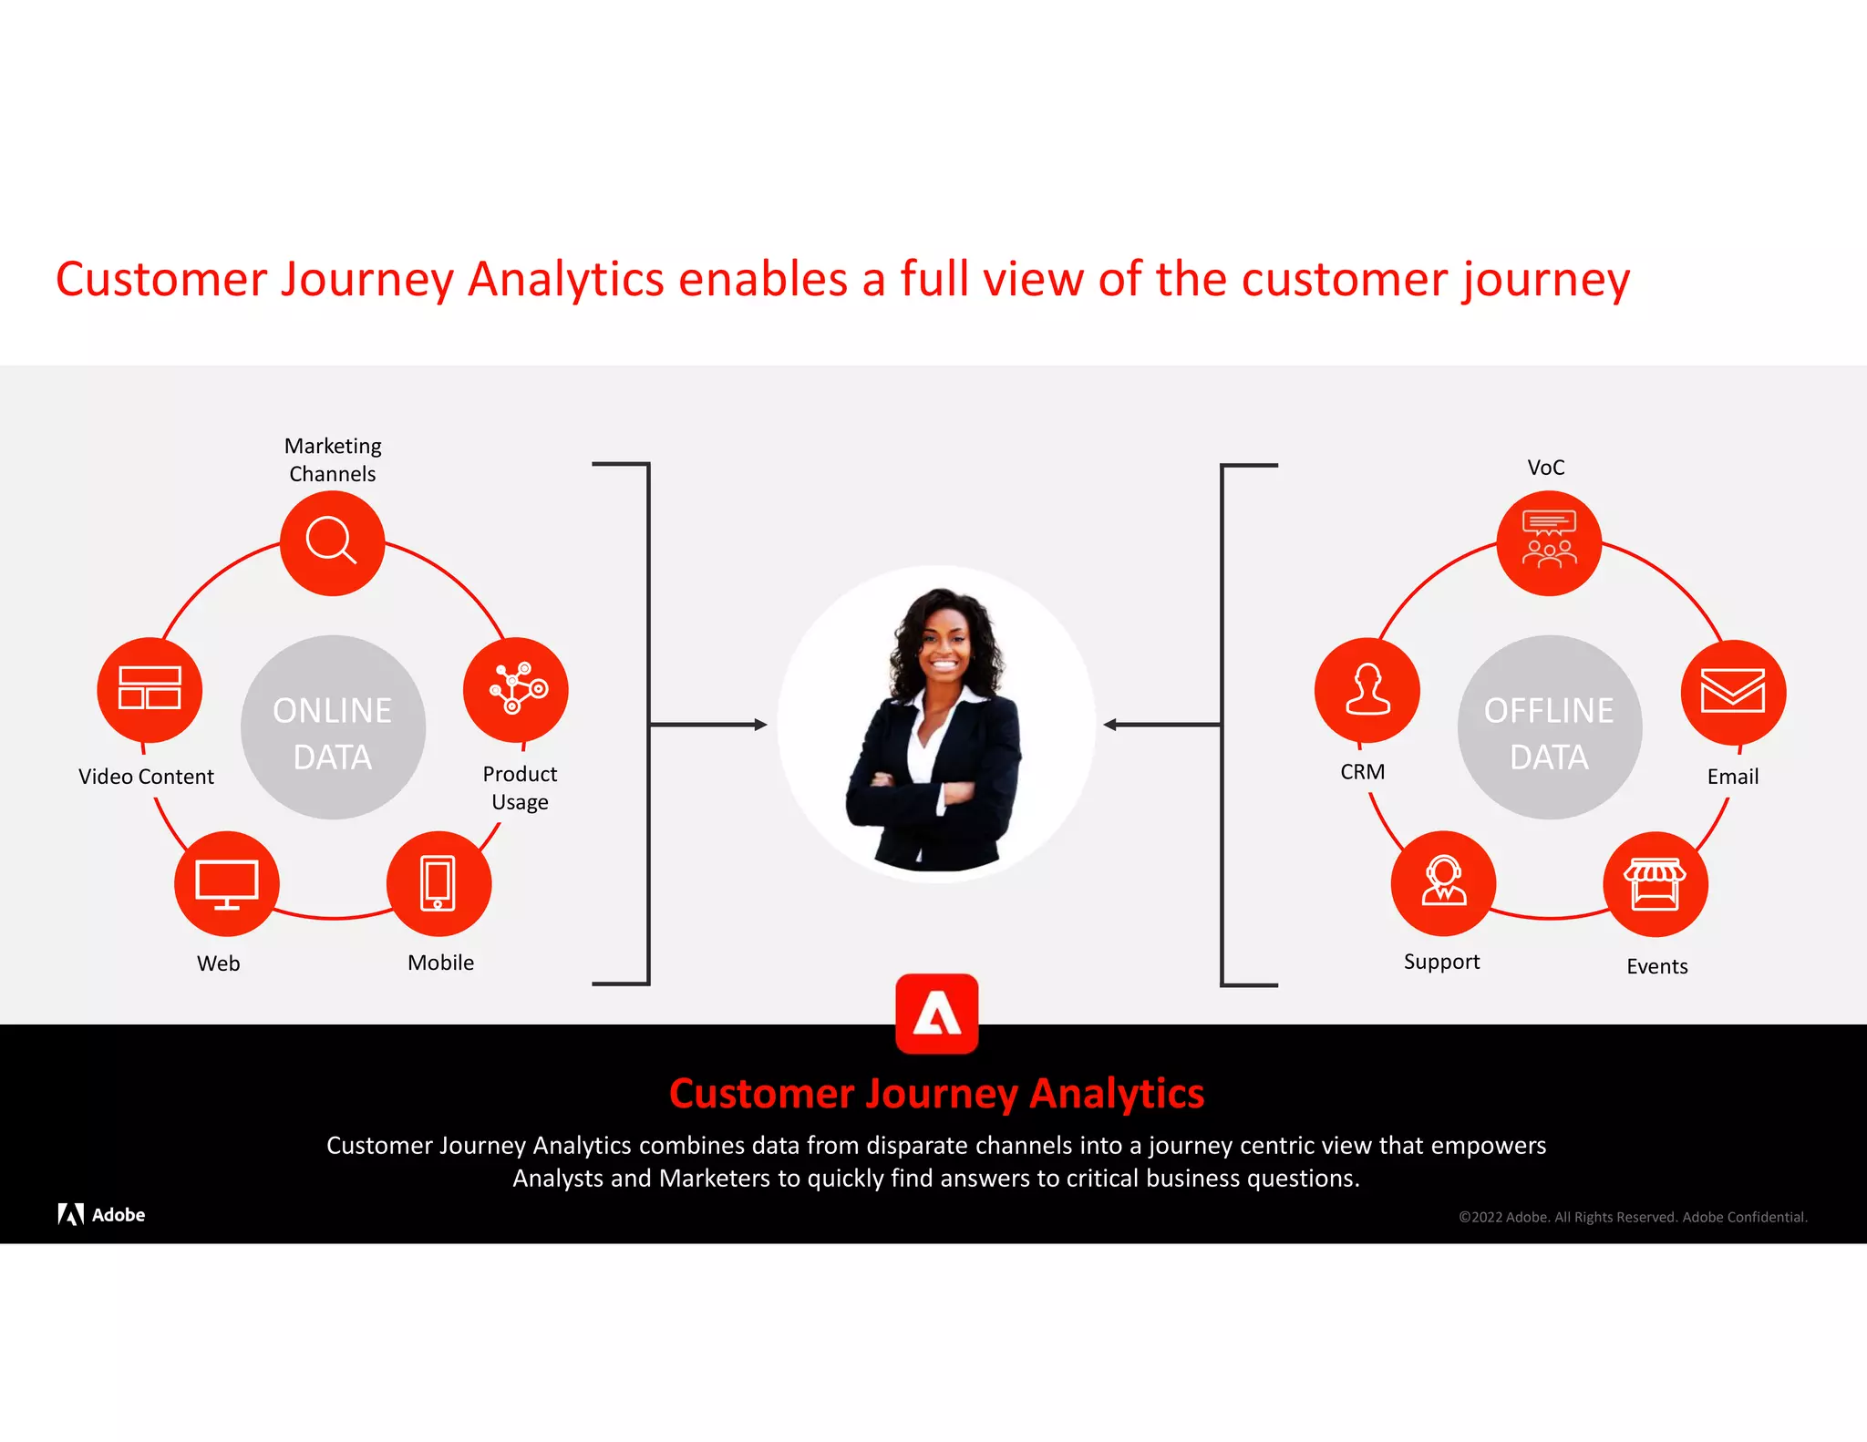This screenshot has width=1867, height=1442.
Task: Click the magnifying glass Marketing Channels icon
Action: point(332,542)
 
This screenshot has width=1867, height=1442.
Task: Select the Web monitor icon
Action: point(227,883)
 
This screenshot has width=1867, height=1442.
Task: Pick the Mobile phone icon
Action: point(438,883)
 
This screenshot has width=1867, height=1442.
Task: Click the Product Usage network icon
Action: point(516,689)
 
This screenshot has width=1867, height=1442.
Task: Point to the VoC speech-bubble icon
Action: point(1549,542)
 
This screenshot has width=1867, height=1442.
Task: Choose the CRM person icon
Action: point(1367,689)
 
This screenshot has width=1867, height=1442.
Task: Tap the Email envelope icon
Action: point(1733,692)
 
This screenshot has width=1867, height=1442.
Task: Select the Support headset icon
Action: point(1444,882)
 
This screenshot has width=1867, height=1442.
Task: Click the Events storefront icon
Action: point(1656,883)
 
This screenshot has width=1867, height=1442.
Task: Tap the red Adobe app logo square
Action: point(937,1014)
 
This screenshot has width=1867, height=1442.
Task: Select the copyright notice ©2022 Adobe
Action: point(1632,1217)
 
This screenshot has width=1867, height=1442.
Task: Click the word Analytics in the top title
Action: point(565,280)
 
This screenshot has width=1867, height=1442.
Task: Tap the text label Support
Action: point(1441,962)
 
